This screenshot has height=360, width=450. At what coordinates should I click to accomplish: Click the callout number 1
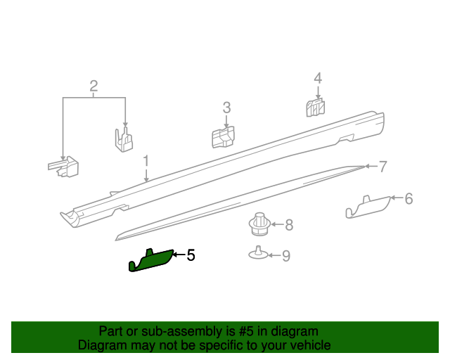click(146, 161)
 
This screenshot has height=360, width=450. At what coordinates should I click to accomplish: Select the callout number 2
click(94, 87)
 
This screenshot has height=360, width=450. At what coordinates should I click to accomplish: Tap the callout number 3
click(226, 108)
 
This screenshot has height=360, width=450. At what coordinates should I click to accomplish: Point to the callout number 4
click(318, 78)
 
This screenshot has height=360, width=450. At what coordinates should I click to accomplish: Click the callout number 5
click(191, 255)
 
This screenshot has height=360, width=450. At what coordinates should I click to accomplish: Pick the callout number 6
click(409, 199)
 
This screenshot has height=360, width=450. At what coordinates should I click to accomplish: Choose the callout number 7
click(382, 167)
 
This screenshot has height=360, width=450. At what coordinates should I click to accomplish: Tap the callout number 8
click(288, 225)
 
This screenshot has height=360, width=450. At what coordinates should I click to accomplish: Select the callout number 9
click(285, 256)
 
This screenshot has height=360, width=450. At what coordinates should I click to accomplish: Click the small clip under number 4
click(316, 108)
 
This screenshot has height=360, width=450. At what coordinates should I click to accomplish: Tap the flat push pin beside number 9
click(258, 254)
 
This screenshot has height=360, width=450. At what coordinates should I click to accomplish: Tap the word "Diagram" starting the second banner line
click(102, 345)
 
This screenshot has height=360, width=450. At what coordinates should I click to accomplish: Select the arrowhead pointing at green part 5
click(176, 255)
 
